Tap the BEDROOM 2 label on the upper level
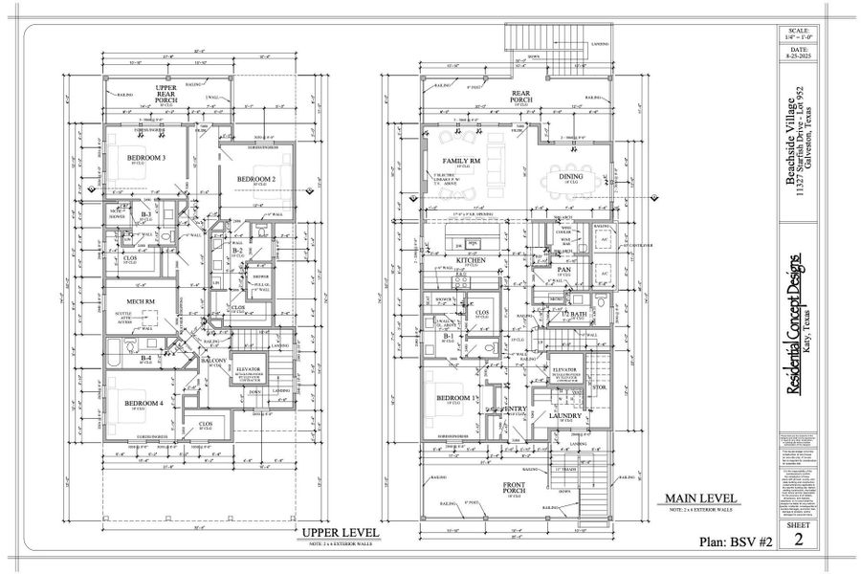click(x=257, y=179)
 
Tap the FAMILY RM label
click(x=461, y=161)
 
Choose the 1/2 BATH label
click(x=575, y=316)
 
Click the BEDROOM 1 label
click(x=456, y=397)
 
